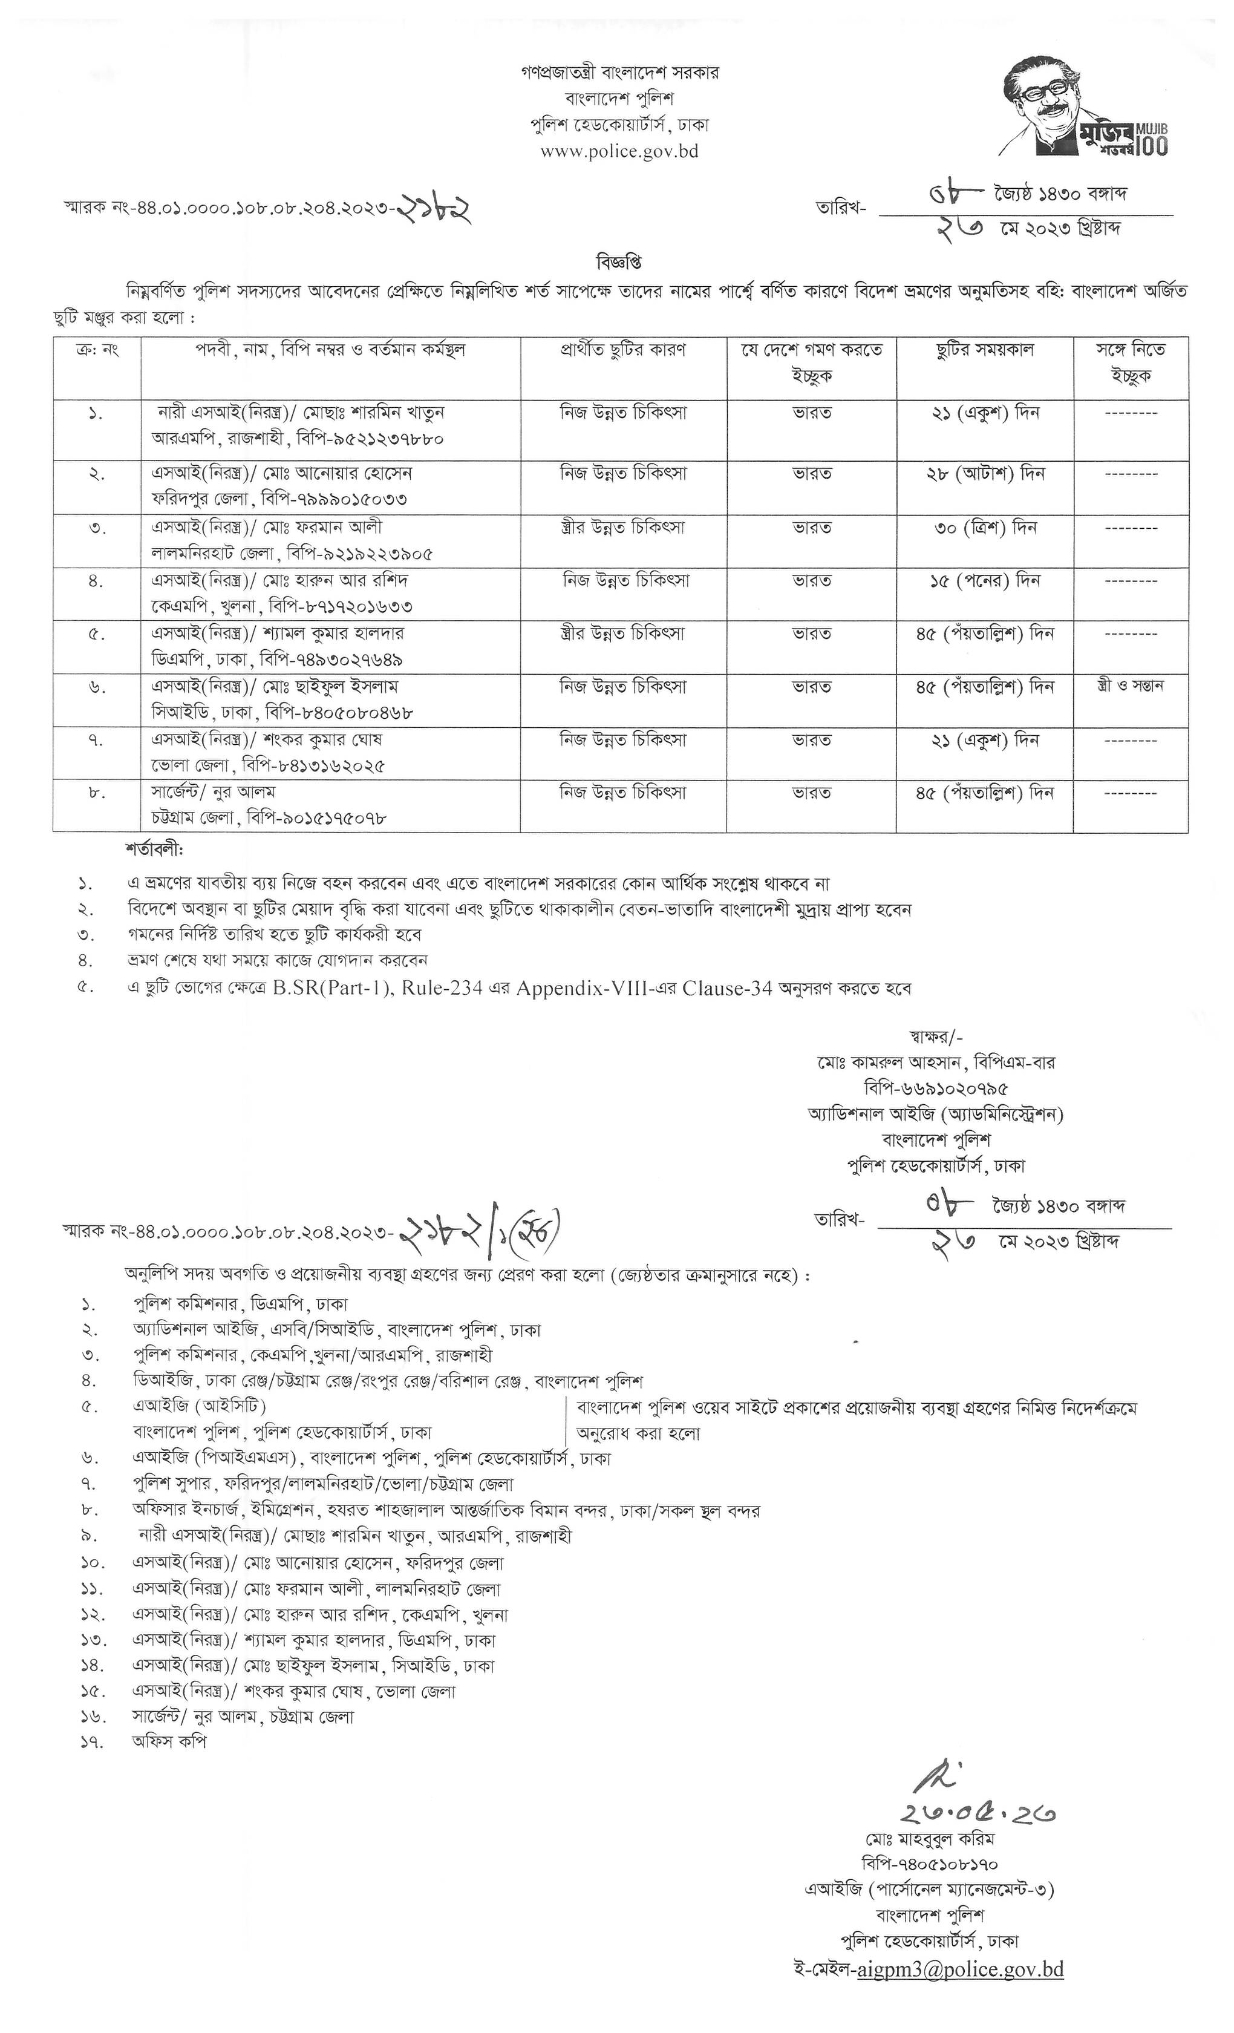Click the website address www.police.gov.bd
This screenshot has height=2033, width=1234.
pos(619,152)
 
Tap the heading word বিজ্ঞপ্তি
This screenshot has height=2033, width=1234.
pos(619,263)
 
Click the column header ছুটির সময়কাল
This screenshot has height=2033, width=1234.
pos(984,350)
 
